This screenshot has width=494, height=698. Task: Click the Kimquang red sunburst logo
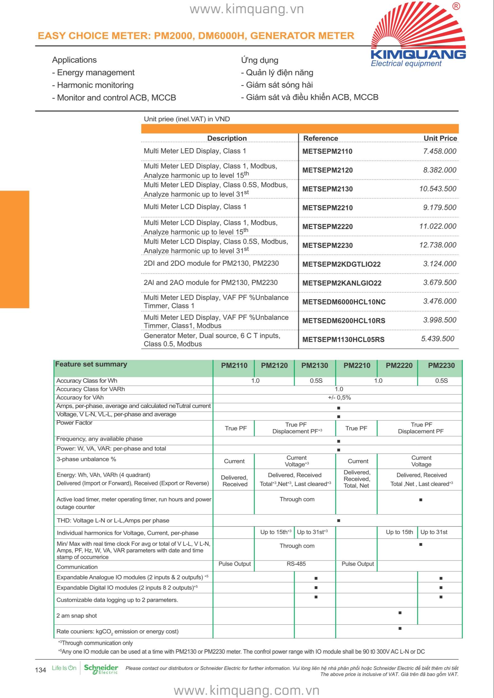418,27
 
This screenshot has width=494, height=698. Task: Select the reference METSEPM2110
327,151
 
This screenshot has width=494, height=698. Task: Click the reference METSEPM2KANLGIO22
342,283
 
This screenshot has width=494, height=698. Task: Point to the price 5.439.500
437,339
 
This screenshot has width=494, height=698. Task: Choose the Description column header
227,138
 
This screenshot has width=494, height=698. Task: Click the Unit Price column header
440,138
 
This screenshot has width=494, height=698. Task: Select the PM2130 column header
315,365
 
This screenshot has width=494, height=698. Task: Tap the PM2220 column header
399,365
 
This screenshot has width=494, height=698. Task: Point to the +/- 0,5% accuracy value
339,398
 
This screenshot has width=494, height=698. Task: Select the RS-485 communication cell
296,564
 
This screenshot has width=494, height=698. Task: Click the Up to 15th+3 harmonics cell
275,532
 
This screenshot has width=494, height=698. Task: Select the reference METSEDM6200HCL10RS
344,321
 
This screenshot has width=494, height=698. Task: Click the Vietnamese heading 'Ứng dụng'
259,60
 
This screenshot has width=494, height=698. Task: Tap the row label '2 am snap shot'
77,616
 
